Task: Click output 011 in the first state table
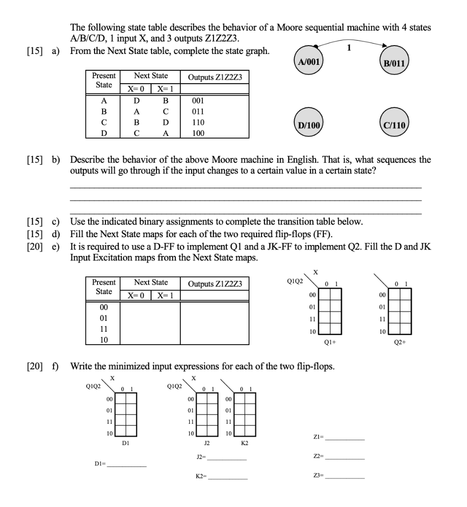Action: [x=198, y=111]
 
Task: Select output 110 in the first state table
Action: [x=198, y=122]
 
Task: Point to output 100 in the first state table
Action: [x=198, y=132]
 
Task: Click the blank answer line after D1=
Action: [x=127, y=466]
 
